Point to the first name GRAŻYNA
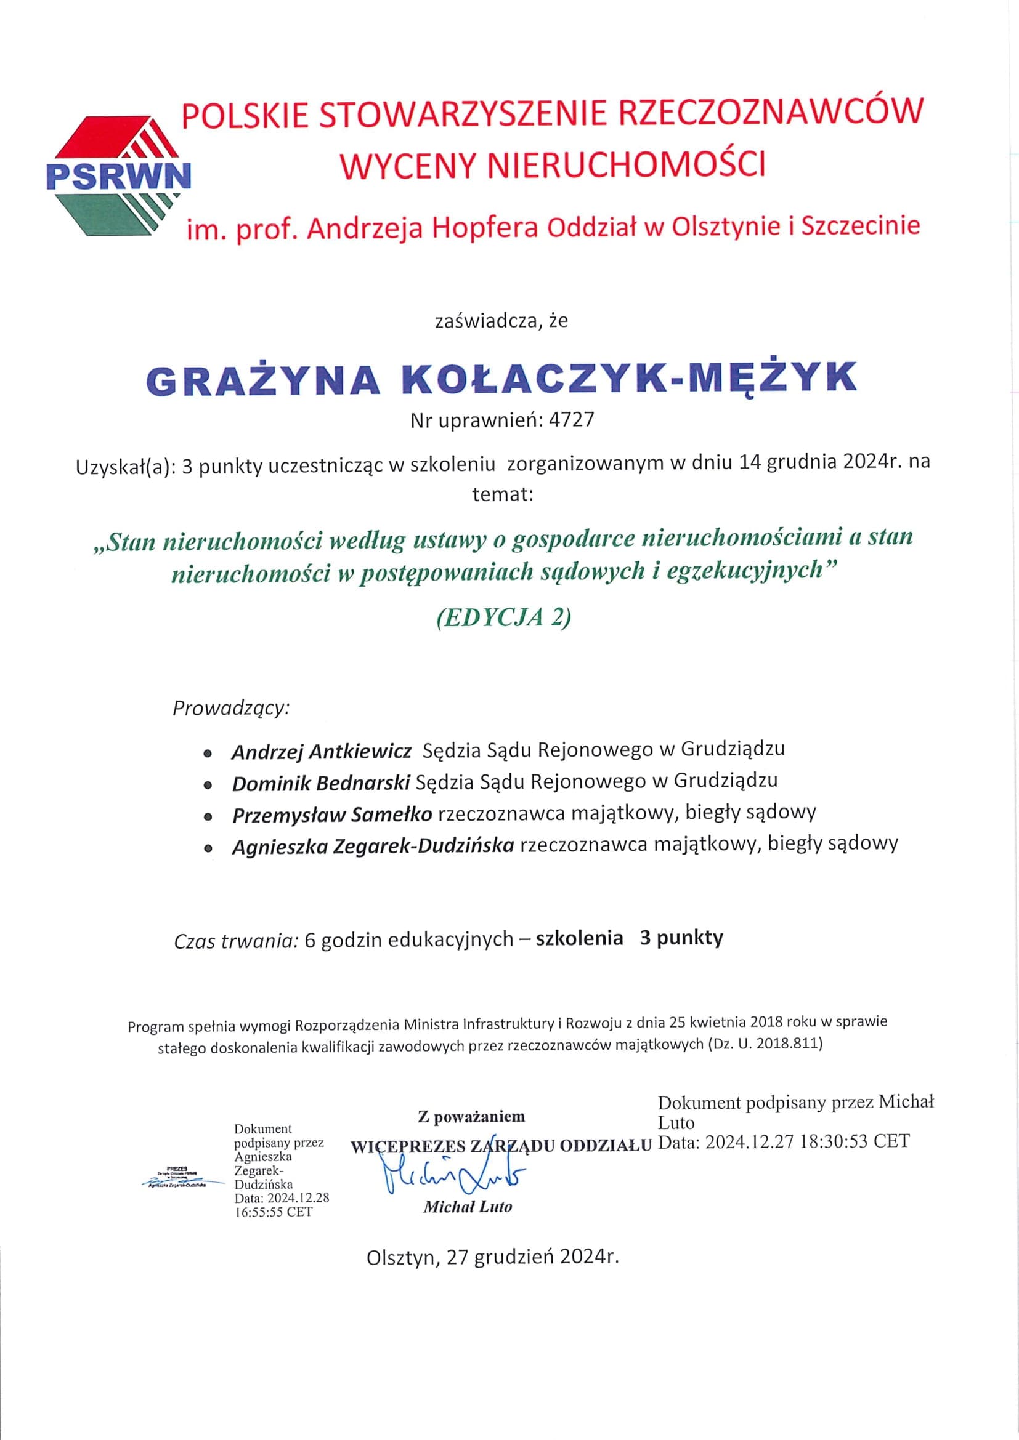point(264,379)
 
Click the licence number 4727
point(571,420)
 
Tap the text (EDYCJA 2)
point(503,617)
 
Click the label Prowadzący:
point(231,708)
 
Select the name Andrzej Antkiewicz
point(321,751)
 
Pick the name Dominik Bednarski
point(320,783)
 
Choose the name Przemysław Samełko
point(332,815)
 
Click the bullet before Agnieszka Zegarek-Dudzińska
point(208,848)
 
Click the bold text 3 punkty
point(681,938)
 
